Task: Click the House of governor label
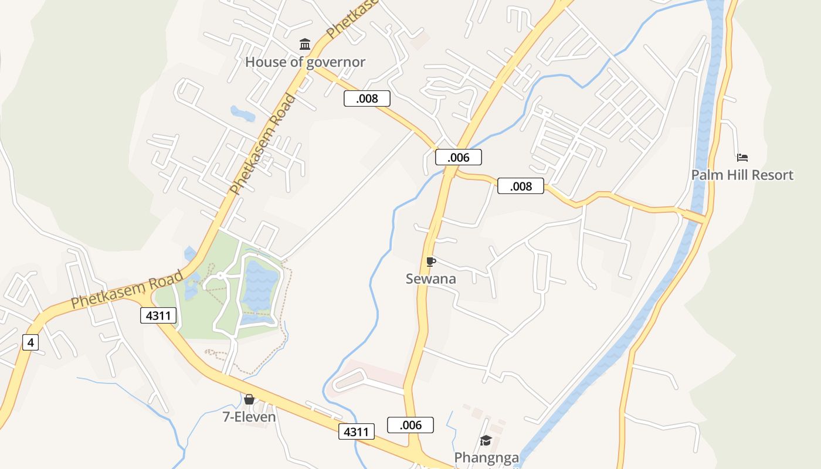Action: tap(305, 62)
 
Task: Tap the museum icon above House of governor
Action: tap(305, 44)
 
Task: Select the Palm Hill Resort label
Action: tap(742, 175)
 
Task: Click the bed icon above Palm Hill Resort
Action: tap(742, 157)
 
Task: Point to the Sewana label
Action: tap(430, 279)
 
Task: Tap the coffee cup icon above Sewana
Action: tap(431, 261)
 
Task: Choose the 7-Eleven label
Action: tap(249, 417)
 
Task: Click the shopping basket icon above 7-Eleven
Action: tap(249, 399)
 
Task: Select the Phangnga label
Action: tap(486, 457)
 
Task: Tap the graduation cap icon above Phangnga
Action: tap(486, 440)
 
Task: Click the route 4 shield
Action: tap(30, 342)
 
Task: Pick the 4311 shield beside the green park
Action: tap(158, 315)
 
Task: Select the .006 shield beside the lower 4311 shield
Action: tap(410, 425)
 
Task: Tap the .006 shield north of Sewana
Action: tap(458, 157)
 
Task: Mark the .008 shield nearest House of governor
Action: tap(367, 98)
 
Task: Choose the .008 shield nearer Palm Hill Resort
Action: tap(521, 186)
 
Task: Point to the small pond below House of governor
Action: tap(242, 113)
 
